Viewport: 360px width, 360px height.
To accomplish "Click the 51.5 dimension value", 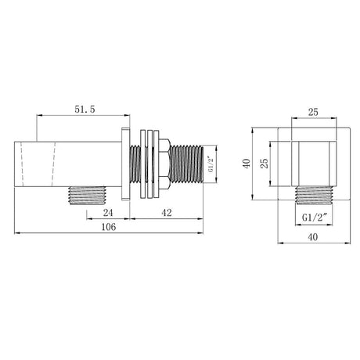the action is pos(85,110).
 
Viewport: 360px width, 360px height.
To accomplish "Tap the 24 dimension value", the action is pos(108,213).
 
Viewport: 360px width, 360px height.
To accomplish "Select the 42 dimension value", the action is pos(167,213).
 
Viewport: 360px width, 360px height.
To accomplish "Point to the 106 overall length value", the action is pos(109,227).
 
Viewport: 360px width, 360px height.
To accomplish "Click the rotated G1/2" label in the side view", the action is pos(211,164).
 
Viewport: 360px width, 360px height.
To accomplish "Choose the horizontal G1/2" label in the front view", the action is pos(315,217).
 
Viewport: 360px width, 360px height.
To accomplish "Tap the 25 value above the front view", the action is pos(313,112).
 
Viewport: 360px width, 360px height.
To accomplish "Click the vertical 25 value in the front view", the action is pos(265,164).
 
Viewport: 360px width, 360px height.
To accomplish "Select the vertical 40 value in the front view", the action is pos(247,164).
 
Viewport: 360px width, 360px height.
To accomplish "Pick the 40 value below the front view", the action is pos(313,237).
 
